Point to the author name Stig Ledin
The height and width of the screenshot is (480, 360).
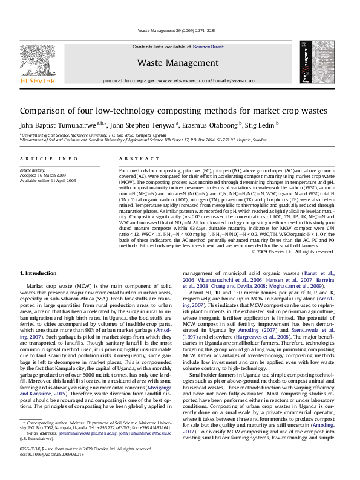tap(261, 125)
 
